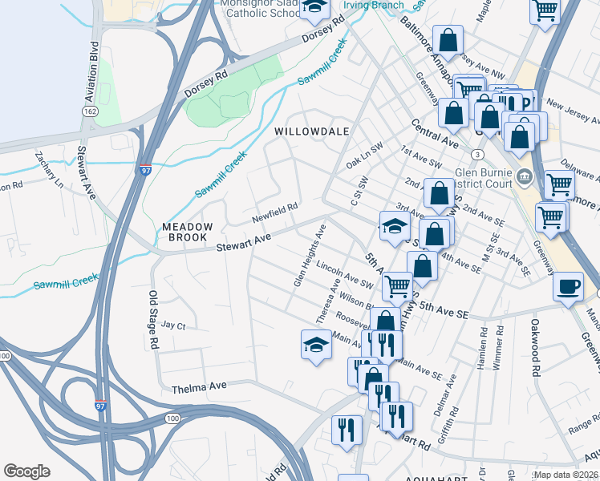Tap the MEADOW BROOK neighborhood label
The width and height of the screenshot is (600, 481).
[x=188, y=232]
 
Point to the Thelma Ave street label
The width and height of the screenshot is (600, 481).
[x=200, y=386]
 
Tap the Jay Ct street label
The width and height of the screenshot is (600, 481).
[x=173, y=325]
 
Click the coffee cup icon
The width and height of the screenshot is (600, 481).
[x=569, y=287]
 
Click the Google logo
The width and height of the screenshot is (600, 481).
[x=26, y=471]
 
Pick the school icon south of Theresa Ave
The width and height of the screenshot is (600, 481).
[x=316, y=345]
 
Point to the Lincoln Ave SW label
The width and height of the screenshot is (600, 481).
[x=345, y=273]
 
